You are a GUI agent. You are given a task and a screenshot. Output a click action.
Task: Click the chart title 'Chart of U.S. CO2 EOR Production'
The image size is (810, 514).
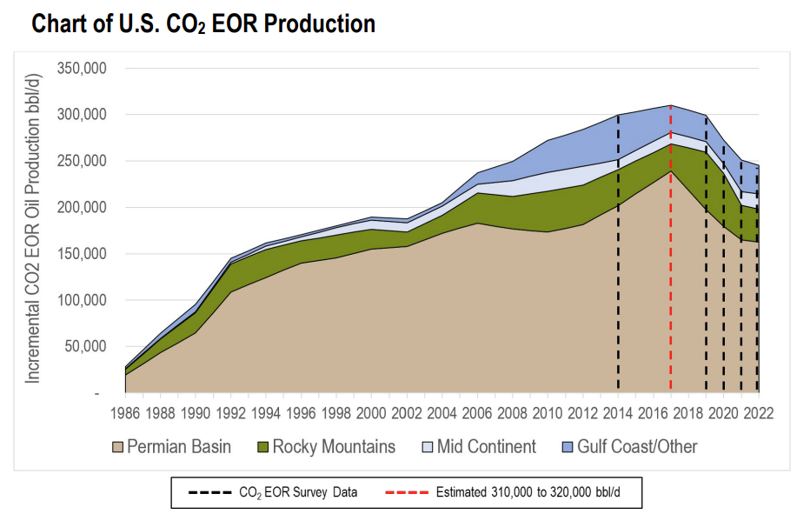pyautogui.click(x=203, y=23)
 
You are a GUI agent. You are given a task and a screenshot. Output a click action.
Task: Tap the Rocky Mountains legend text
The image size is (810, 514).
pyautogui.click(x=334, y=447)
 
